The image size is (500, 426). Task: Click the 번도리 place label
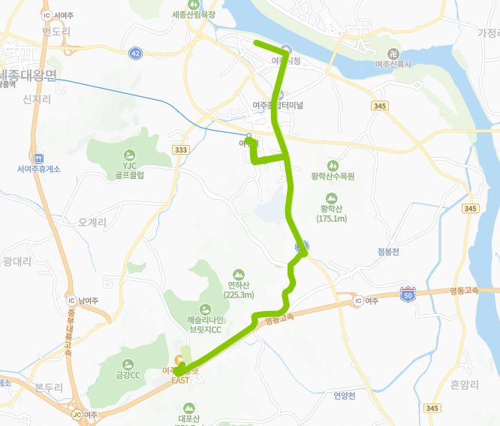(56, 32)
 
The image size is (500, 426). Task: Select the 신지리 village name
(35, 99)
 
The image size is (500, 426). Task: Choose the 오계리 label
(92, 222)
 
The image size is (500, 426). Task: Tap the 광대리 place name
(17, 261)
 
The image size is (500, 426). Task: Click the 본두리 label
(50, 387)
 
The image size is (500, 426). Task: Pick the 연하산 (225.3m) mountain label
(238, 289)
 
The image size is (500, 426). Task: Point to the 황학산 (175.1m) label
(331, 213)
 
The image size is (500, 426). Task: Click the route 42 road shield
(135, 53)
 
